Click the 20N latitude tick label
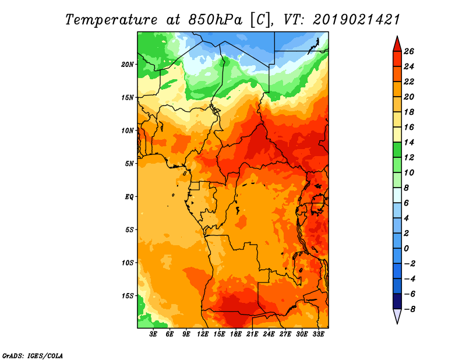point(127,65)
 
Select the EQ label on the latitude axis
point(129,197)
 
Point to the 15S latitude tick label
point(127,296)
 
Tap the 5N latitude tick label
point(129,164)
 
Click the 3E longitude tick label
point(153,334)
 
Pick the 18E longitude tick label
point(236,334)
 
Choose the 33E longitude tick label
point(318,334)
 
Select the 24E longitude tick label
point(269,334)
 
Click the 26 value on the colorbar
point(409,52)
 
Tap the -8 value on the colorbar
point(409,309)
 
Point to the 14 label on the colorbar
point(409,142)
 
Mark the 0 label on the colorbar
point(406,249)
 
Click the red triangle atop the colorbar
point(397,45)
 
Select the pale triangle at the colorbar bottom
point(397,316)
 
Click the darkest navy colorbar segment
point(397,301)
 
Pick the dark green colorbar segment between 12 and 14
point(397,150)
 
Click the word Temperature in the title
point(111,20)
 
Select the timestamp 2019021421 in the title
point(356,20)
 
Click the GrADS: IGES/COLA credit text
point(33,356)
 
